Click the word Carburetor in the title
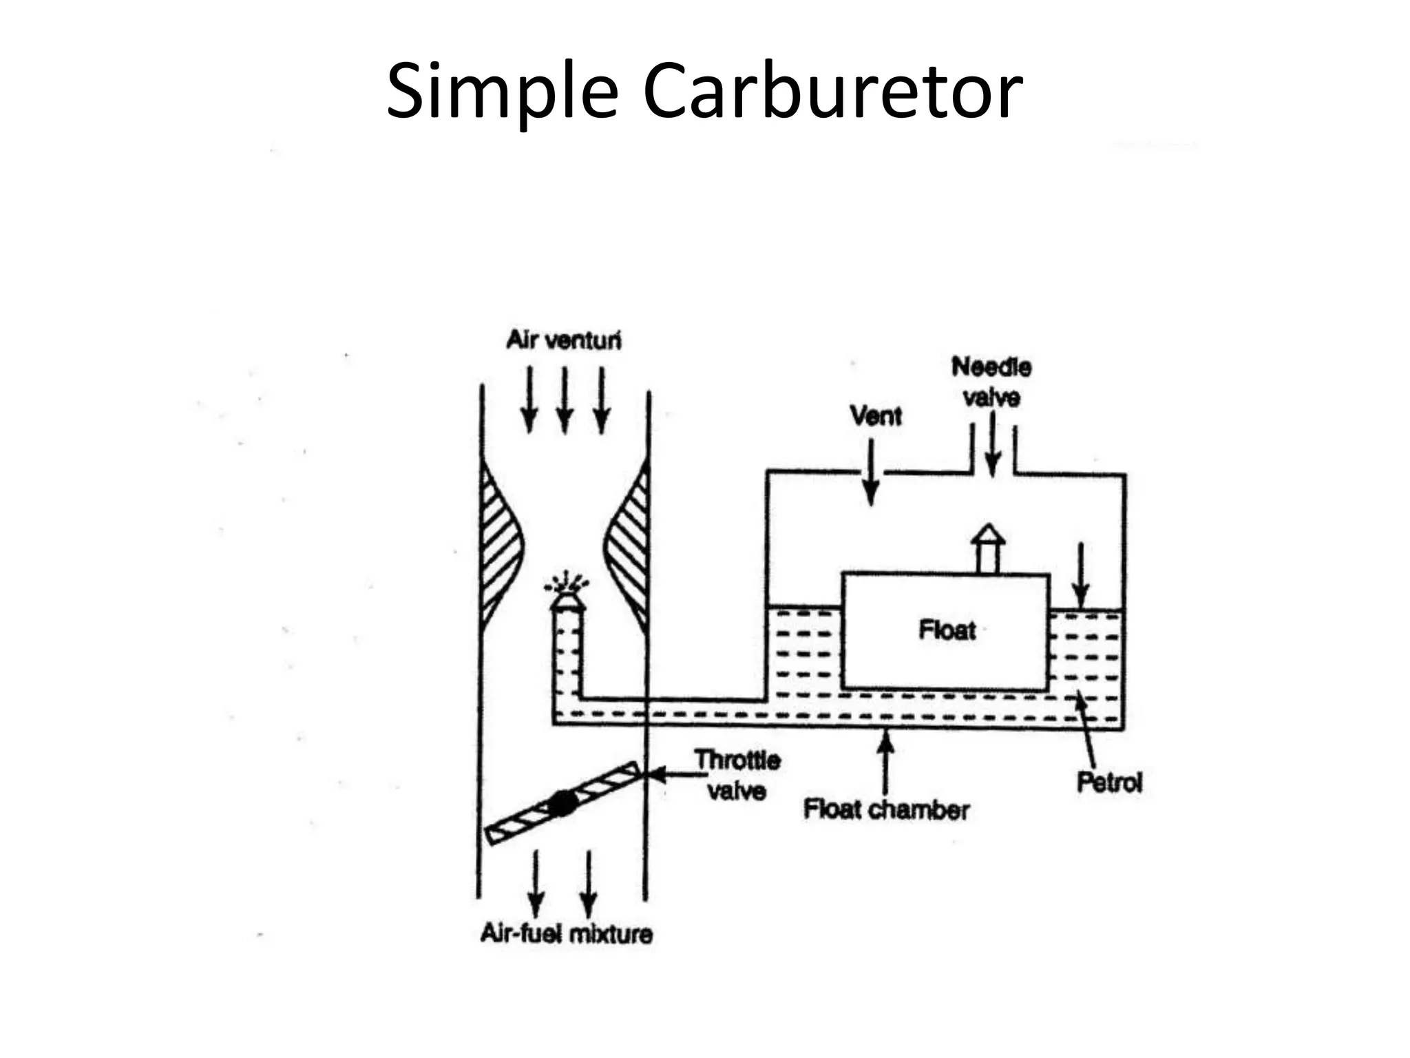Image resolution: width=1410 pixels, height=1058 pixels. [x=832, y=92]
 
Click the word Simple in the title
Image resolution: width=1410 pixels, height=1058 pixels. [x=502, y=92]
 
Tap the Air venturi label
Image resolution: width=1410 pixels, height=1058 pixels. [x=563, y=340]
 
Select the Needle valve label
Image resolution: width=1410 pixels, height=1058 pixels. [x=991, y=382]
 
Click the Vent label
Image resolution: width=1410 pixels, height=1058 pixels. [x=875, y=416]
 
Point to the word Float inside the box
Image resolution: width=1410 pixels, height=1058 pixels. [x=947, y=630]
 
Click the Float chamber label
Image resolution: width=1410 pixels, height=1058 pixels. [x=886, y=809]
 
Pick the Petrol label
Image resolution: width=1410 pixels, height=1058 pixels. [x=1108, y=782]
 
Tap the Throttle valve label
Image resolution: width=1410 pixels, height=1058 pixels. [x=737, y=775]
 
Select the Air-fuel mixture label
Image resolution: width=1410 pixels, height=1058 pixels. [x=566, y=934]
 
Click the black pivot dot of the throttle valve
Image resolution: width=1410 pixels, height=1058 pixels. [x=562, y=803]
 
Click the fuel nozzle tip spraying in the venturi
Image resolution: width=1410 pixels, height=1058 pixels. [x=568, y=601]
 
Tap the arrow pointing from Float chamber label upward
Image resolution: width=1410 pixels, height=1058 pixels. [x=886, y=761]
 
